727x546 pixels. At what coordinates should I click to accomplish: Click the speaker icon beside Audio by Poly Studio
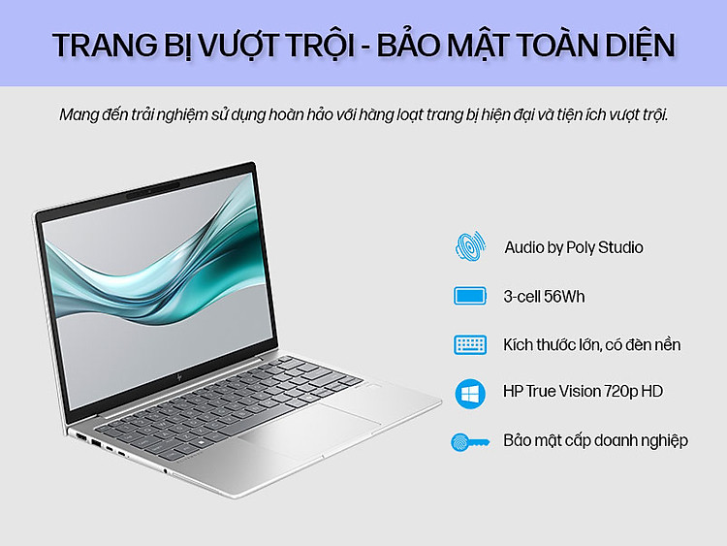470,246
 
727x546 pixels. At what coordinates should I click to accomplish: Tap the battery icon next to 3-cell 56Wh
470,296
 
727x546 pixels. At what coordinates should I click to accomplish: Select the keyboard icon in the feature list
470,344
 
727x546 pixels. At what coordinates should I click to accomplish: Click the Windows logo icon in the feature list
470,394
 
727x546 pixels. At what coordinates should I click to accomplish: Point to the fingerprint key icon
470,442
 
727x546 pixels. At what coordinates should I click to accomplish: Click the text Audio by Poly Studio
574,247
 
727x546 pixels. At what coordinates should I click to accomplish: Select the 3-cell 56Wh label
544,297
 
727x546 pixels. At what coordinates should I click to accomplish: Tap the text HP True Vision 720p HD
583,392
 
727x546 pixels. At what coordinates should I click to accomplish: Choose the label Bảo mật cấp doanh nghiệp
596,440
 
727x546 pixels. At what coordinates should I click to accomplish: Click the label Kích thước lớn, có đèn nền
592,344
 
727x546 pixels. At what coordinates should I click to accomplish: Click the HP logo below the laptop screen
179,376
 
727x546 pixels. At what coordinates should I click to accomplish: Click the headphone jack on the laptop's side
166,471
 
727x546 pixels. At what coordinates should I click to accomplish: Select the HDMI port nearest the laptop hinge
80,437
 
